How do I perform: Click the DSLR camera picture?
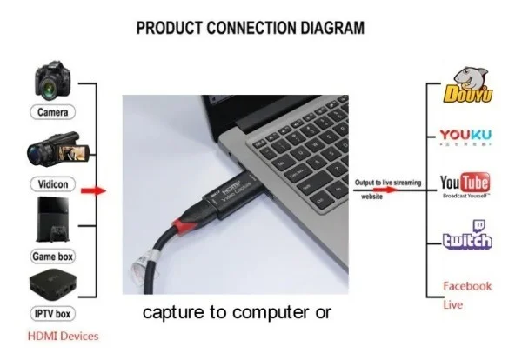55,80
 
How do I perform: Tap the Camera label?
55,112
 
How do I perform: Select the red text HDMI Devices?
64,336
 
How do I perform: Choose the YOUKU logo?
465,136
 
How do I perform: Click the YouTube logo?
465,183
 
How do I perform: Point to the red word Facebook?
467,285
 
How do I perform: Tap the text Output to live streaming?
388,183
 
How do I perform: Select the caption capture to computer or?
237,311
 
